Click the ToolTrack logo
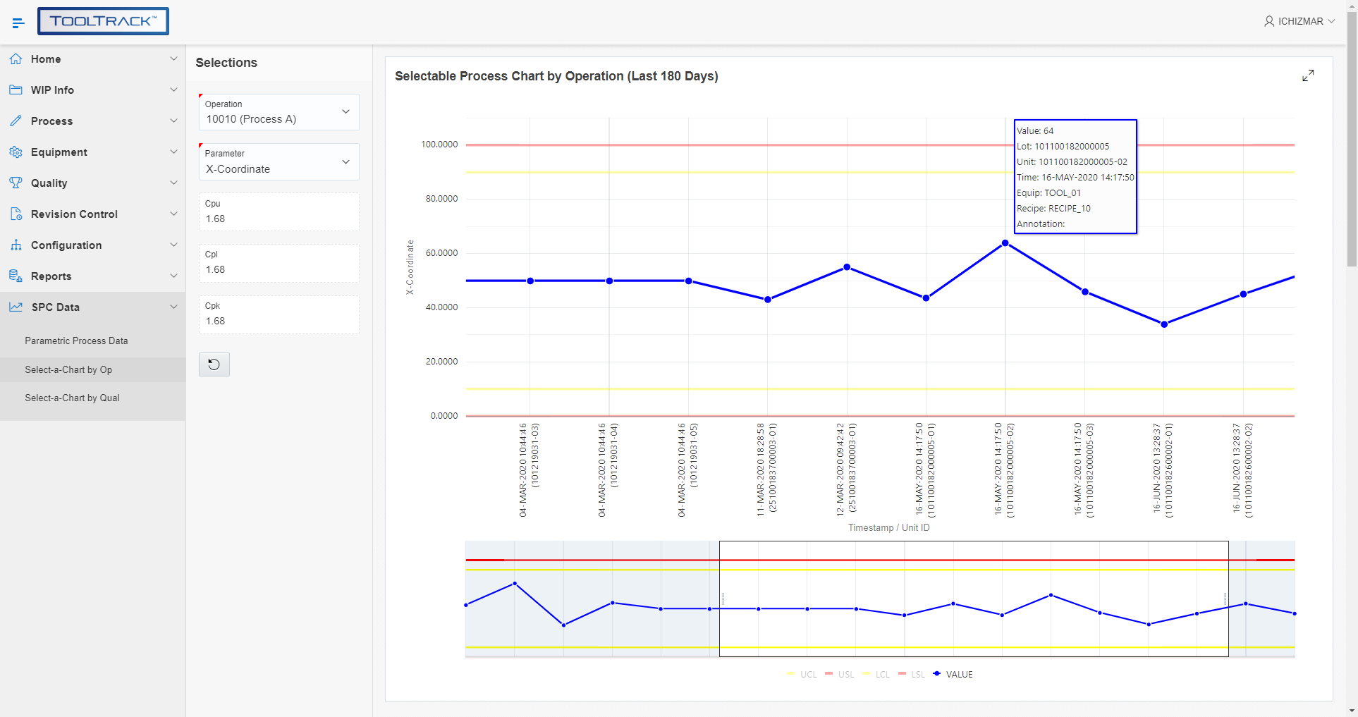point(103,21)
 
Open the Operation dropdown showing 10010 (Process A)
point(279,113)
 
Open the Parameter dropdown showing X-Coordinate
point(279,162)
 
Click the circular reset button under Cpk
point(214,364)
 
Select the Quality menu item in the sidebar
point(49,183)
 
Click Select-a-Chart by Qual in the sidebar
point(72,398)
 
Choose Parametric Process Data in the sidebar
point(76,341)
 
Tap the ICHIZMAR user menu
point(1299,21)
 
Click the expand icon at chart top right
point(1308,75)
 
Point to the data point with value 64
point(1005,243)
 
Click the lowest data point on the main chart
point(1164,324)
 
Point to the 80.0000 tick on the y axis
point(441,199)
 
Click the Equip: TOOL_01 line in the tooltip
point(1048,193)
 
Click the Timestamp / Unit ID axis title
point(888,528)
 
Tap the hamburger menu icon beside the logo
point(18,23)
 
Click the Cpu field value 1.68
point(216,219)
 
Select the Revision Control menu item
point(74,214)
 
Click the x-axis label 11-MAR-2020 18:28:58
point(760,470)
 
